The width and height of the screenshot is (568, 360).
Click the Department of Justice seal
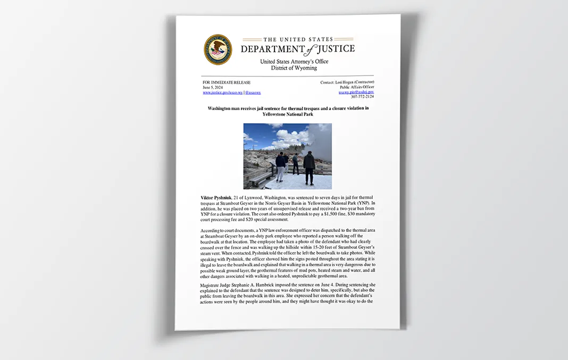[218, 49]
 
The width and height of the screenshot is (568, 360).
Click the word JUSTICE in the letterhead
[336, 49]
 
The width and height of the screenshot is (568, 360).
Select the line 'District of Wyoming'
[294, 68]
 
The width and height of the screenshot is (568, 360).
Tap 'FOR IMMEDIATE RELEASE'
[227, 82]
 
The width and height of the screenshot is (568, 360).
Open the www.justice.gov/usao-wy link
[222, 93]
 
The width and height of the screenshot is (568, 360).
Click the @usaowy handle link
[253, 93]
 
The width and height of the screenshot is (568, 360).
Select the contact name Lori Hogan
[346, 82]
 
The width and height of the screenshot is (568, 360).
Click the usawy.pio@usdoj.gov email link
[356, 92]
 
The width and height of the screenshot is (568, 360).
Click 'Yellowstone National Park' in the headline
[288, 114]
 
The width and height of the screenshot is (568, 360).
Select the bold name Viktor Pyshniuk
[216, 198]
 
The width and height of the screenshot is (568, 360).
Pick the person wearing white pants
[280, 166]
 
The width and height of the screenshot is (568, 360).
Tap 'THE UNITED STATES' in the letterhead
[298, 39]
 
